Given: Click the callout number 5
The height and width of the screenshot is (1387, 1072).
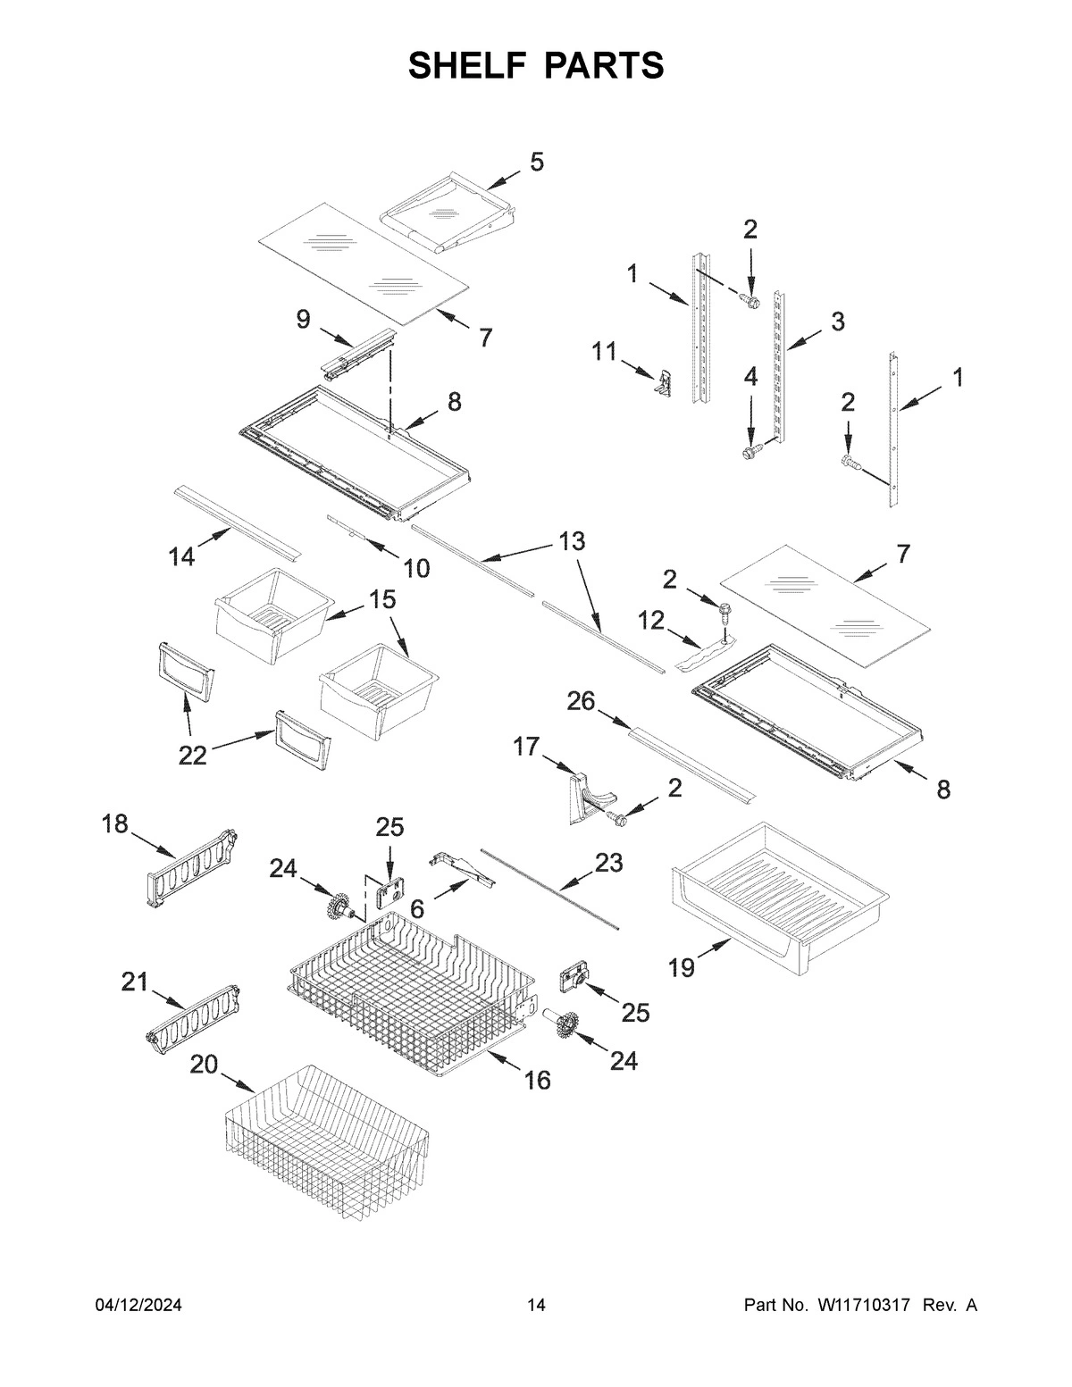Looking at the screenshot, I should coord(536,162).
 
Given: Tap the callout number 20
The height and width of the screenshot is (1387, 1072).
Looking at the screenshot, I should coord(204,1065).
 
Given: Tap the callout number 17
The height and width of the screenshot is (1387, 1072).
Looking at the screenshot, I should coord(526,746).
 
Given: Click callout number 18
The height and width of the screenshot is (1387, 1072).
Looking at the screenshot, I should coord(115,823).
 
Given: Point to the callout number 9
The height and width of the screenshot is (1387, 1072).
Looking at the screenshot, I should coord(304,320).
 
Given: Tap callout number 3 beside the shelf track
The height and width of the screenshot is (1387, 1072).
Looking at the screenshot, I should coord(837,322).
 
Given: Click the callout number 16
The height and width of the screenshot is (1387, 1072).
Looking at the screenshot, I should coord(537,1081).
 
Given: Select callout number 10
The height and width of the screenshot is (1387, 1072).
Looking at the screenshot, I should coord(416,567).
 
